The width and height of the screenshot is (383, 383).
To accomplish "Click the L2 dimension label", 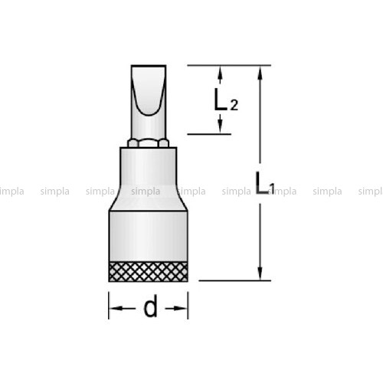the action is click(x=226, y=100).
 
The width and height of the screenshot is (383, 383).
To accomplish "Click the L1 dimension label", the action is click(x=265, y=183).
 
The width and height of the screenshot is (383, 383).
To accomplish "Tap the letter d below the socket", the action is click(x=150, y=306).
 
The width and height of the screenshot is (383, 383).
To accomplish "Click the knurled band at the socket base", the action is click(x=149, y=272).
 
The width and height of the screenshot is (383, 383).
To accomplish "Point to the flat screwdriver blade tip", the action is click(x=149, y=67).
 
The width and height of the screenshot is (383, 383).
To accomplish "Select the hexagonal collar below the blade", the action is click(x=149, y=143).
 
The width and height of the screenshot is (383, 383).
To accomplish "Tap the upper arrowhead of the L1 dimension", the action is click(x=260, y=74).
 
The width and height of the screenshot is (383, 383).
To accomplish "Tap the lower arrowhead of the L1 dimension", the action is click(x=260, y=273).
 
